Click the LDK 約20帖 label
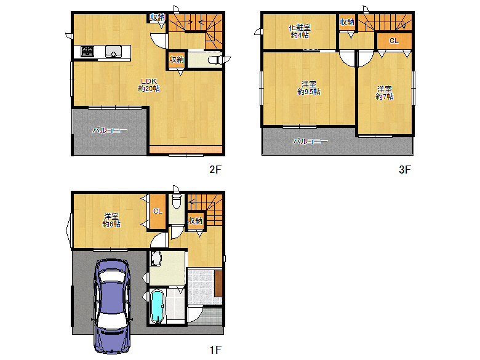coord(149,85)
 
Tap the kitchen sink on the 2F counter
coord(113,52)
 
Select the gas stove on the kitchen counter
coord(87,51)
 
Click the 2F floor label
coord(215,169)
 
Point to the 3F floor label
coord(405,169)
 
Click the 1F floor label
coord(215,350)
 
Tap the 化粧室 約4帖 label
coord(300,31)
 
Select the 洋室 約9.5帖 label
coord(309,87)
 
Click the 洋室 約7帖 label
coord(385,93)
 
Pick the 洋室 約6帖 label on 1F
coord(111,220)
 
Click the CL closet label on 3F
coord(394,41)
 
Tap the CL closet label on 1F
coord(158,211)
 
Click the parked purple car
coord(112,306)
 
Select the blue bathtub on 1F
coord(158,306)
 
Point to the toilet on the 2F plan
coord(215,60)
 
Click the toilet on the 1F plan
coord(177,200)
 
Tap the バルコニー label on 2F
coord(110,130)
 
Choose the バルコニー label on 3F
coord(310,141)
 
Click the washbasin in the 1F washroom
coord(156,258)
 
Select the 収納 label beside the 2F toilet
coord(177,59)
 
